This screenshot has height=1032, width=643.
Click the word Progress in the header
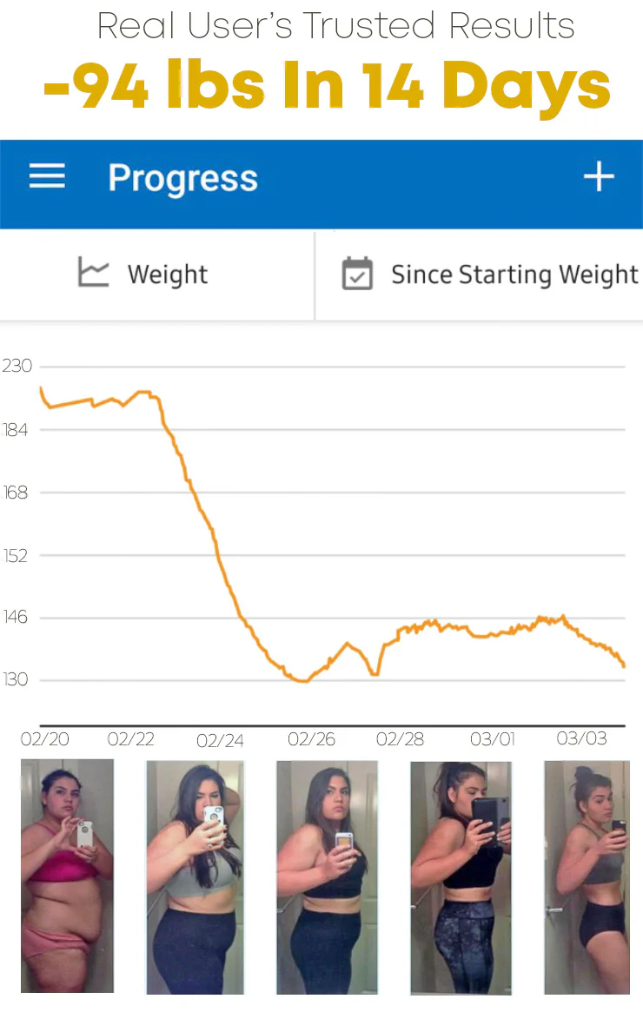click(x=182, y=179)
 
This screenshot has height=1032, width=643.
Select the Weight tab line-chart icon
click(x=94, y=273)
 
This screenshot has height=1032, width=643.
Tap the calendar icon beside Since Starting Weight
click(x=357, y=274)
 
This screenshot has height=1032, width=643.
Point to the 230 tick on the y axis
click(x=17, y=366)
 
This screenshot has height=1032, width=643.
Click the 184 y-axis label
click(x=16, y=430)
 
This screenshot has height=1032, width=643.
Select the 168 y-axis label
click(x=16, y=493)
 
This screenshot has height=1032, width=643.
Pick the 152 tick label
click(x=16, y=555)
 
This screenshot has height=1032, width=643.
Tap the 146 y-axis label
click(x=16, y=618)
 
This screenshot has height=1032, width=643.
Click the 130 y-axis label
click(x=16, y=679)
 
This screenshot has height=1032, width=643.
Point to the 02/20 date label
click(x=44, y=739)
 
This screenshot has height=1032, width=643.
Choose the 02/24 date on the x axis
click(x=220, y=741)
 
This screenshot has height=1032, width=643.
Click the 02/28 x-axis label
click(x=400, y=739)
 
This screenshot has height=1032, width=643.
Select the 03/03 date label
click(x=580, y=739)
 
